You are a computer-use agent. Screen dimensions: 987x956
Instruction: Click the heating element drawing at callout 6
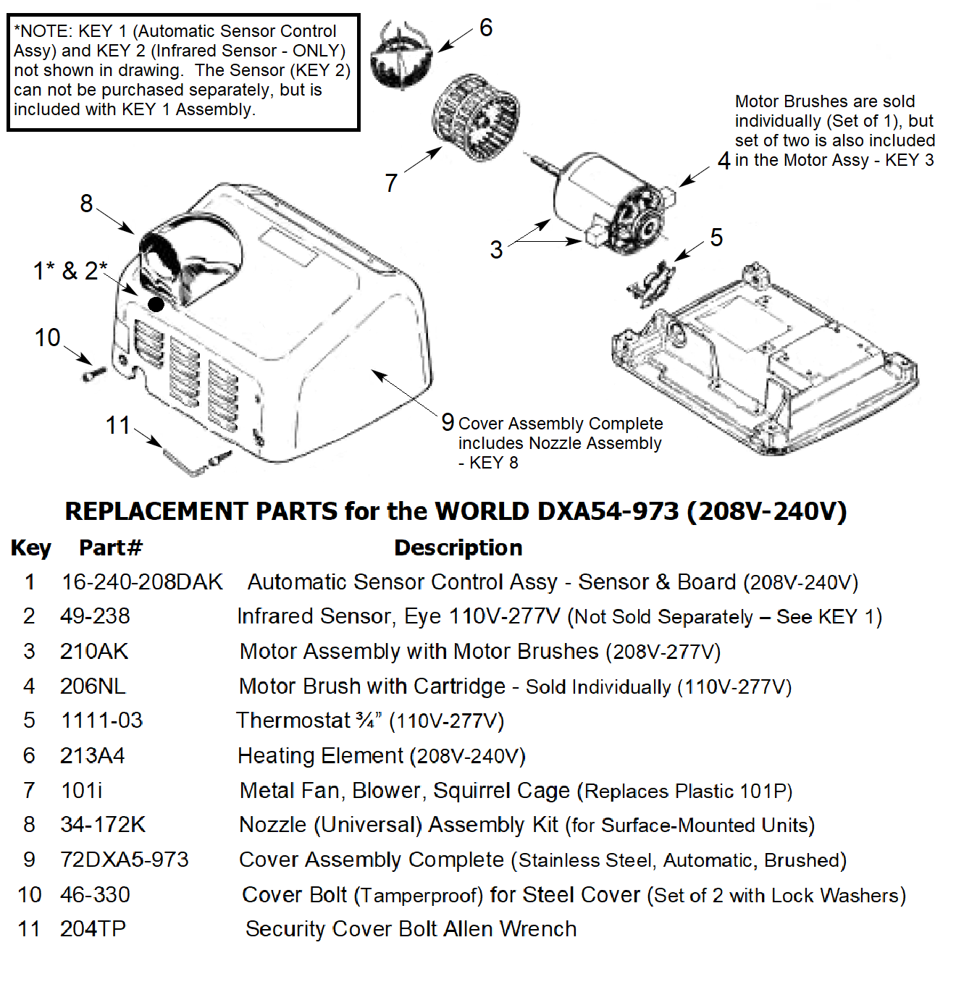coord(401,56)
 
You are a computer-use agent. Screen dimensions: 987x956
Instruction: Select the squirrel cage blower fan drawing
coord(475,117)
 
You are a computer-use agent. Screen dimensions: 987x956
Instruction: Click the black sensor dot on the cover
coord(156,303)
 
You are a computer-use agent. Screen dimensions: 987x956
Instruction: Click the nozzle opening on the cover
coord(191,257)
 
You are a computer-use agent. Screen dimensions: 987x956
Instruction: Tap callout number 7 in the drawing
coord(391,182)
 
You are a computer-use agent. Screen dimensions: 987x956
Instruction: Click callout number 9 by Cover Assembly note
coord(448,422)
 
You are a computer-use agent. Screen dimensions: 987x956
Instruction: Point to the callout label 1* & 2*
coord(70,271)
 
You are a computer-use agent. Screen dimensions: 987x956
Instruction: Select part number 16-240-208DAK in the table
coord(142,582)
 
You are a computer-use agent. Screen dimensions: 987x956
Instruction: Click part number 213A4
coord(92,756)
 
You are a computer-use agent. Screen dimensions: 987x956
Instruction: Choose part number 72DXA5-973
coord(124,860)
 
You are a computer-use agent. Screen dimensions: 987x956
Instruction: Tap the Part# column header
coord(111,548)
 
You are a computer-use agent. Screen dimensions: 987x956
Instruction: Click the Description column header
coord(458,548)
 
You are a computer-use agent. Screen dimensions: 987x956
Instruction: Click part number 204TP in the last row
coord(93,929)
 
